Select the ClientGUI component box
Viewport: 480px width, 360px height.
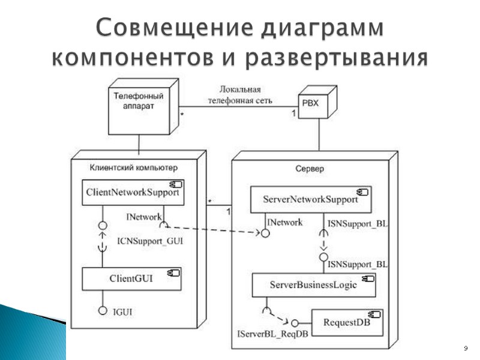(131, 278)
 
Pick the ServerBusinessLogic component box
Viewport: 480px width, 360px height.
(314, 285)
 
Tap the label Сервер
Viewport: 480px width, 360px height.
(310, 169)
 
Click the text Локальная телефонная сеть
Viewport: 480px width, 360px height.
(240, 96)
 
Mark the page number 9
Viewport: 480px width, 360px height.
(465, 348)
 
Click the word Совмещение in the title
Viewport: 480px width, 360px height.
(166, 28)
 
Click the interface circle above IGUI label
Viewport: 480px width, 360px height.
(103, 311)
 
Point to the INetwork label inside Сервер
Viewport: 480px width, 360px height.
(285, 222)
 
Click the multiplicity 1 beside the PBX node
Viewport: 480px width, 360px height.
(293, 113)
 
